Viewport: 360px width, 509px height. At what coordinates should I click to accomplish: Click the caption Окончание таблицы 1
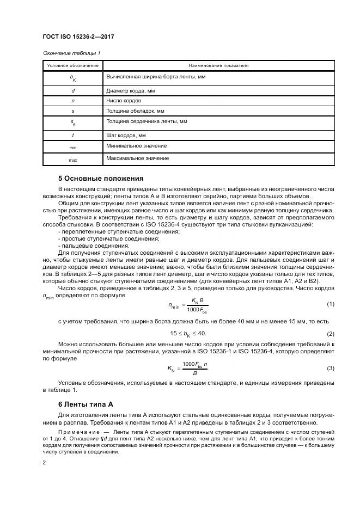pyautogui.click(x=71, y=53)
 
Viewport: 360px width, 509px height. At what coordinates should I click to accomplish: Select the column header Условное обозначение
pyautogui.click(x=72, y=65)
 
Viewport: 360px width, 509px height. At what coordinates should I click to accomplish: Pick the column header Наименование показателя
pyautogui.click(x=218, y=65)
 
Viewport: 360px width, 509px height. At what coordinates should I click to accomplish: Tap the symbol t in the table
pyautogui.click(x=72, y=134)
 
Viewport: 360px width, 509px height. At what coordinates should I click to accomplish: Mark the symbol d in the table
pyautogui.click(x=72, y=90)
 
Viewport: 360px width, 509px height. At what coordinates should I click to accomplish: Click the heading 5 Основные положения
pyautogui.click(x=100, y=178)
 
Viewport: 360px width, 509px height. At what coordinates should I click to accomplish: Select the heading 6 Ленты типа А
pyautogui.click(x=85, y=404)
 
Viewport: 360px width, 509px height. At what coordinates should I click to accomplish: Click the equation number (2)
pyautogui.click(x=330, y=333)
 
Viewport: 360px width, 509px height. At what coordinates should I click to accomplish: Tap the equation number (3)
pyautogui.click(x=330, y=368)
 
